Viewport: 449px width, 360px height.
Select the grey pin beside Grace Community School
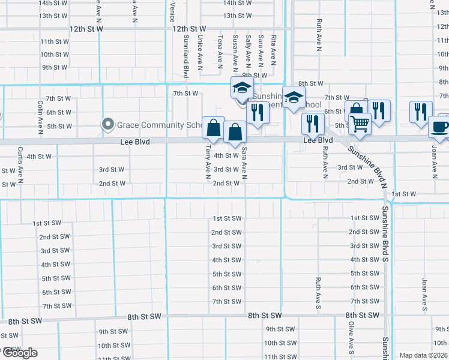pyautogui.click(x=108, y=124)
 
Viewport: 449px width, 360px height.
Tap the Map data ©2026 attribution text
pyautogui.click(x=424, y=355)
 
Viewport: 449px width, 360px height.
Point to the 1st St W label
pyautogui.click(x=403, y=194)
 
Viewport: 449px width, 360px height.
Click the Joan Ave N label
pyautogui.click(x=434, y=161)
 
